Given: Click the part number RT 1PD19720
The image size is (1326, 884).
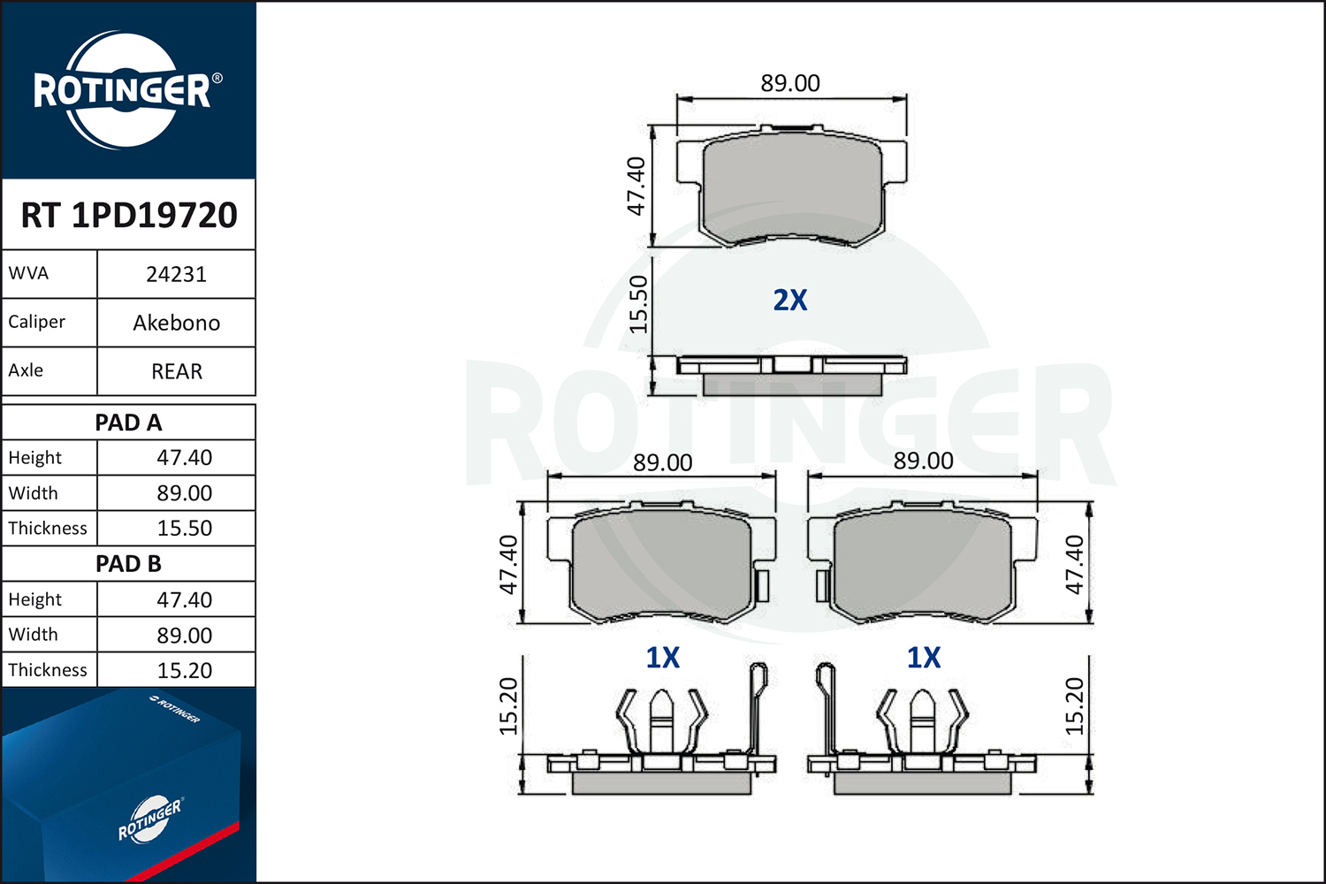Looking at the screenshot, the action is [129, 215].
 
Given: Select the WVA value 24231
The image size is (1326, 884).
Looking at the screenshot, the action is [177, 275].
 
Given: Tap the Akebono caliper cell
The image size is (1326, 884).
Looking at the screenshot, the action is [177, 324].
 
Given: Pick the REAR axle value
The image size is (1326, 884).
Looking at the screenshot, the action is [177, 372].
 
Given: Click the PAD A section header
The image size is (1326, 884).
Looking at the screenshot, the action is [128, 423].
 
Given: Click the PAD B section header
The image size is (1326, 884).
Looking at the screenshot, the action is [128, 564].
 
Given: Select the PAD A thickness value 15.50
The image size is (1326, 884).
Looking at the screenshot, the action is [184, 528].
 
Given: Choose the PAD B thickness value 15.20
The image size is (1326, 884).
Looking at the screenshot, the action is [184, 670].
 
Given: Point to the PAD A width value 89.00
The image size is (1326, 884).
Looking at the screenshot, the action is [184, 493].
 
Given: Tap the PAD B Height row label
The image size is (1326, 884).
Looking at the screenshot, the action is [35, 599].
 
